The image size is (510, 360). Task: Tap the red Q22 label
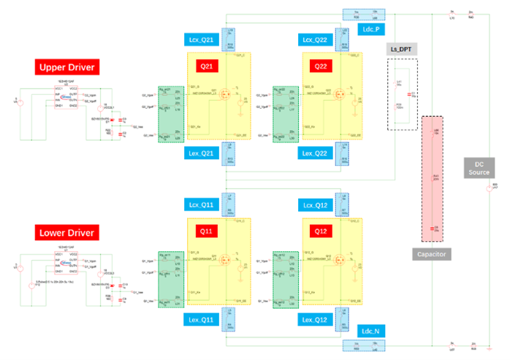tap(322, 66)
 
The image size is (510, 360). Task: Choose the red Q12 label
tap(322, 232)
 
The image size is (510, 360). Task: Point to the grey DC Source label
tap(479, 168)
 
